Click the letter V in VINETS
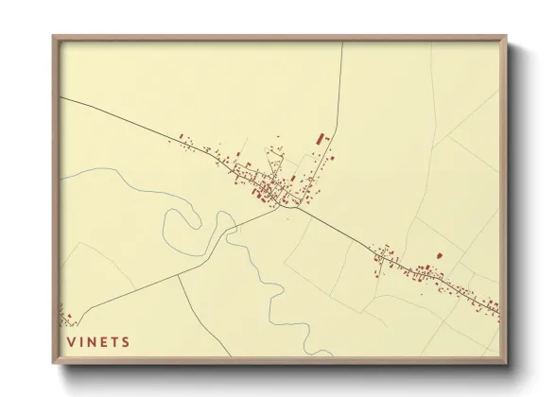71,341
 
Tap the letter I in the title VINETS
82,341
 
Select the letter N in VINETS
93,341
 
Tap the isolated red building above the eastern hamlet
438,254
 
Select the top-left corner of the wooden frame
54,38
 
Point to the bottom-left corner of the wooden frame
54,363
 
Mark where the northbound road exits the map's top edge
341,43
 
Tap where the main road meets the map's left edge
61,96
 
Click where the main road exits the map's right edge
499,311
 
